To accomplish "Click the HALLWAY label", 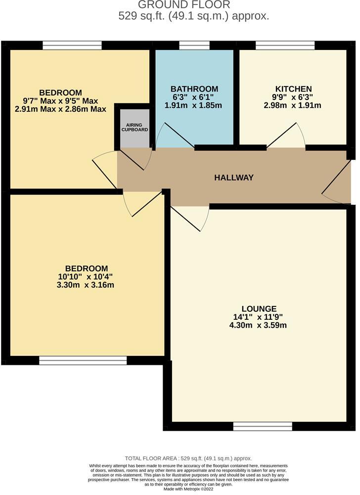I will (x=234, y=178).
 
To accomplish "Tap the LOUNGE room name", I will (x=256, y=308).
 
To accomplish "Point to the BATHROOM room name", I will (x=194, y=89).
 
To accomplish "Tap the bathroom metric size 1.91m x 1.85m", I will (x=194, y=105).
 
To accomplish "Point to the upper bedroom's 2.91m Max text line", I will (x=61, y=109).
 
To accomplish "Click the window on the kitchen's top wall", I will (x=285, y=46).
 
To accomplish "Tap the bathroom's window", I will (x=187, y=46).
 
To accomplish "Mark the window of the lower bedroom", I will (x=83, y=360).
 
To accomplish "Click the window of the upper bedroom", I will (x=72, y=46).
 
